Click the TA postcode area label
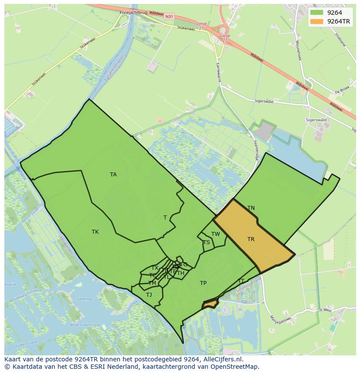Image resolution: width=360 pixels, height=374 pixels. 113,175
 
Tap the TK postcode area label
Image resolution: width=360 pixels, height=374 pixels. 95,232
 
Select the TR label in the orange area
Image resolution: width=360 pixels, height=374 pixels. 251,239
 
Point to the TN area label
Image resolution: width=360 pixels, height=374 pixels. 251,208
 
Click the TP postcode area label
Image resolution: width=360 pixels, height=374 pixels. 203,283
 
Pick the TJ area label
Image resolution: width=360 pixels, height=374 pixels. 149,295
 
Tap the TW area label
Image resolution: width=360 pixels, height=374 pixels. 216,234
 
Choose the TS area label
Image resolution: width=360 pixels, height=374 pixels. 206,242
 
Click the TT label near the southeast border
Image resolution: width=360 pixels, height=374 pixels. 241,281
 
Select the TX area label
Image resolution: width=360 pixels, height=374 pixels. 155,268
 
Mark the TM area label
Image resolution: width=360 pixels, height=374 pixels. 152,283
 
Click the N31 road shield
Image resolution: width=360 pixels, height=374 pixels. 169,17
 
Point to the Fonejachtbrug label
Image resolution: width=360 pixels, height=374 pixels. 133,13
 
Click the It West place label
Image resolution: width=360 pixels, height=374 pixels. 325,310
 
